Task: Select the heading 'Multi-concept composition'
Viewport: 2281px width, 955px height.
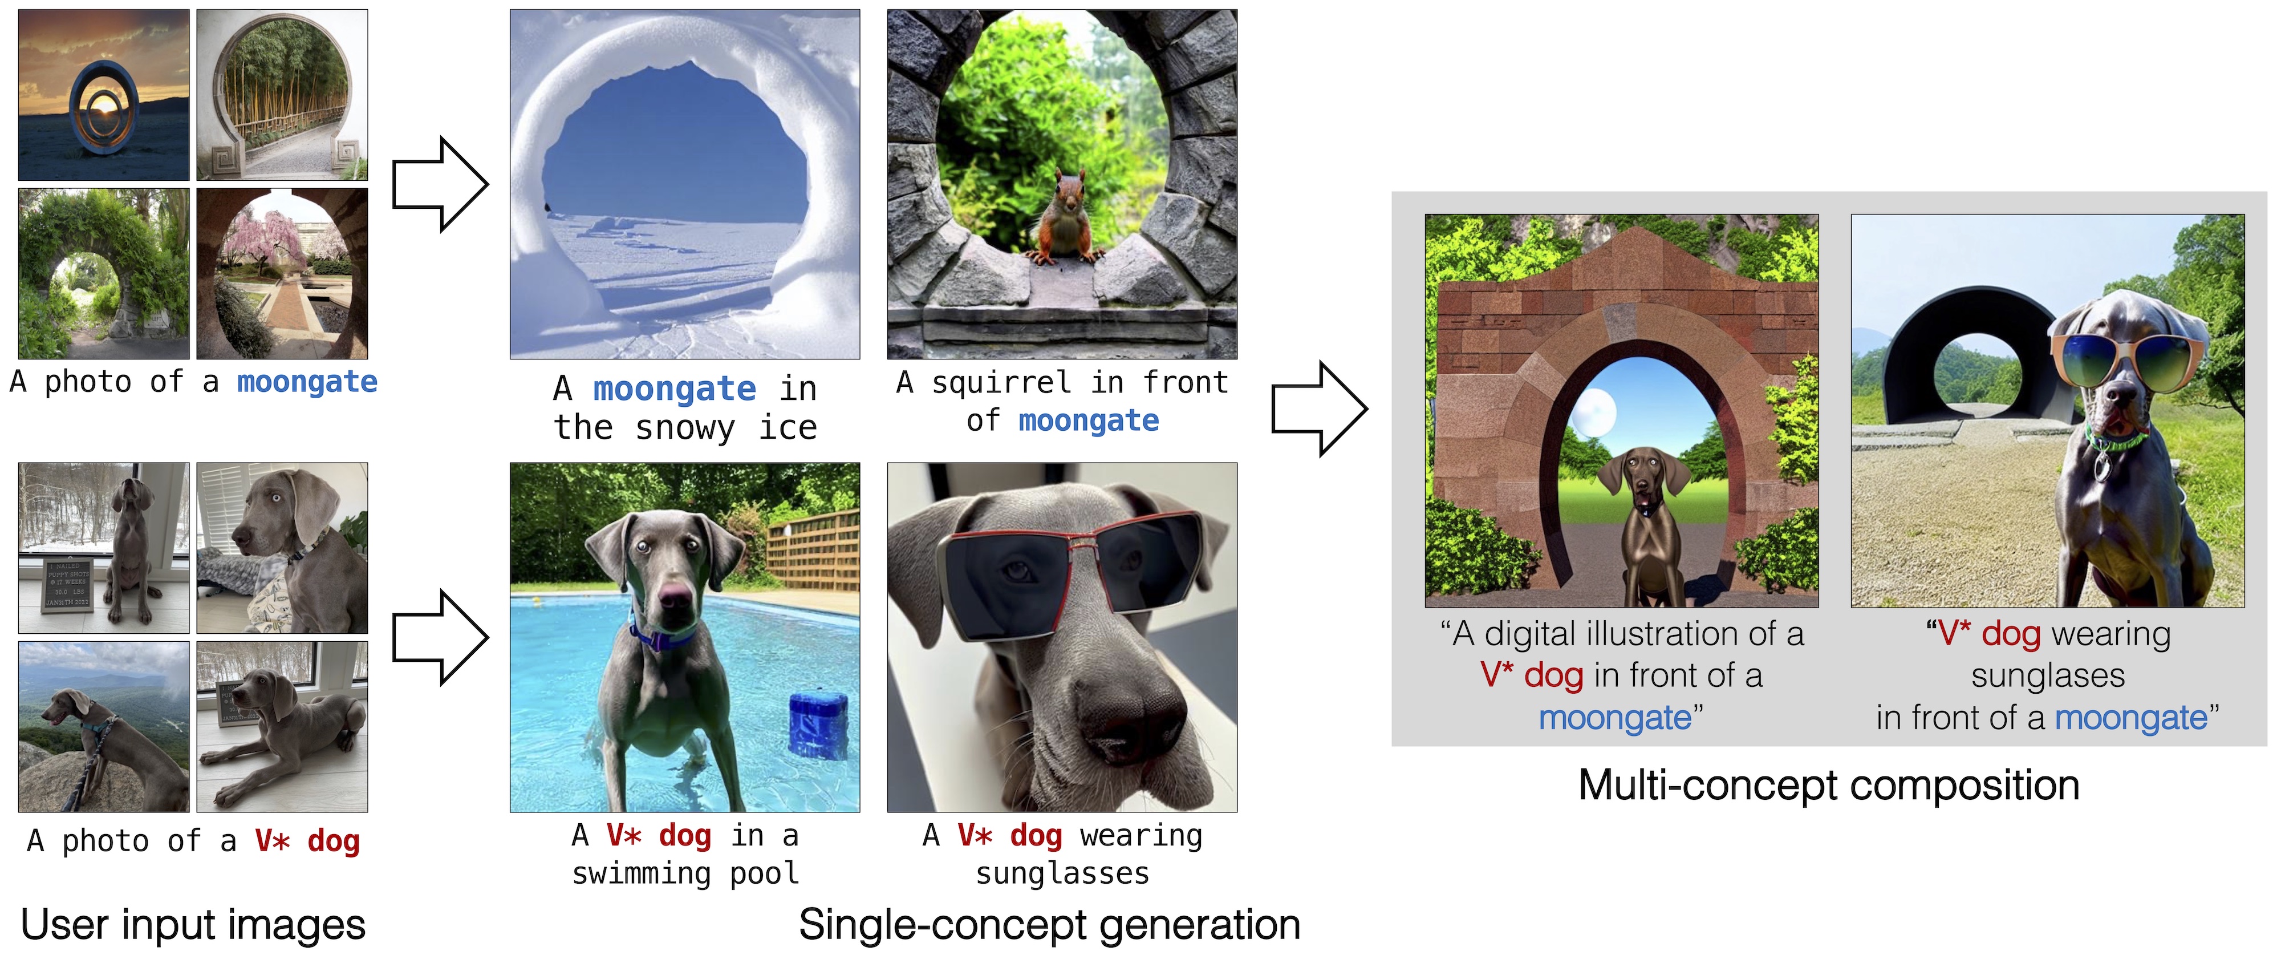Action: (1829, 786)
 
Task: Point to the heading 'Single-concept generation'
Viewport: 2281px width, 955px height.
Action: (1049, 925)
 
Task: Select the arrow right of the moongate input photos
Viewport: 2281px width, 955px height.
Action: (440, 184)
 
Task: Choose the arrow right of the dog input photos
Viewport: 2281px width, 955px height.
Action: (440, 638)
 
